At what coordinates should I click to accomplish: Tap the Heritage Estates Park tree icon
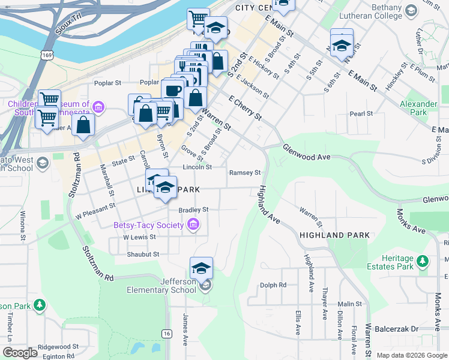tap(423, 261)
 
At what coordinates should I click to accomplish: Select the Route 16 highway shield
tap(166, 333)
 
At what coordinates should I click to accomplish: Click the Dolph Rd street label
tap(273, 285)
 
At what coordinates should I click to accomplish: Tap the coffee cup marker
tap(173, 91)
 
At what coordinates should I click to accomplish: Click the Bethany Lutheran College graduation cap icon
tap(411, 11)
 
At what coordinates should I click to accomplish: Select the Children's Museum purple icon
tap(99, 109)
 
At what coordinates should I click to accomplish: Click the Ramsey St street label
tap(244, 173)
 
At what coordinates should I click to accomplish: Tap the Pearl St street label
tap(361, 113)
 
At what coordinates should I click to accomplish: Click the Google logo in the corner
tap(20, 353)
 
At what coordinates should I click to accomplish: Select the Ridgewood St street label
tap(58, 347)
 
